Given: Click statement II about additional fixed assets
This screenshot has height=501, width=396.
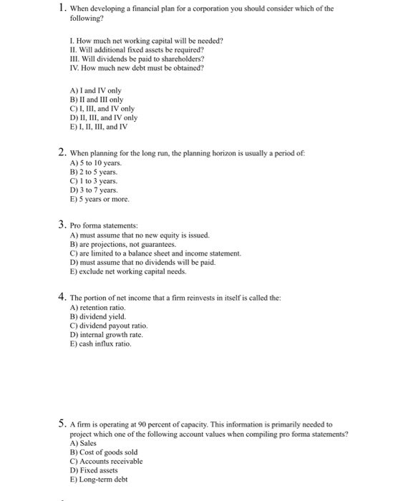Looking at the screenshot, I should coord(136,50).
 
